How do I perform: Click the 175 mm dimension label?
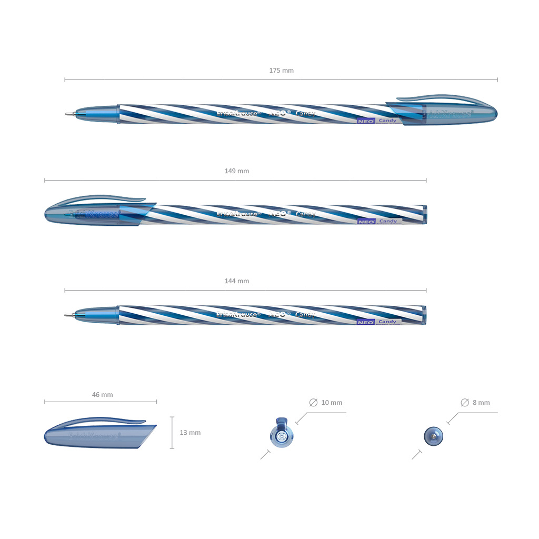281,71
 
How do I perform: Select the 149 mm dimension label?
236,171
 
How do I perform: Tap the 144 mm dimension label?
236,281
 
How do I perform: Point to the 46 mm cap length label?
102,395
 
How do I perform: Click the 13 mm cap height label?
190,433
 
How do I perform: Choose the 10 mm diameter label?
332,403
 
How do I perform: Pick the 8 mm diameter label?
481,403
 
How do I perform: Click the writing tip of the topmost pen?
67,113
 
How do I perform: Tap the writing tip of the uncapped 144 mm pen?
67,315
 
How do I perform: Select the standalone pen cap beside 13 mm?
98,434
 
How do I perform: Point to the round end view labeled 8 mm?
433,435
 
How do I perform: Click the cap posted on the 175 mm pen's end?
447,112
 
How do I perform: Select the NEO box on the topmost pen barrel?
366,121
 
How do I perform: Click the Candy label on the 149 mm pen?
388,221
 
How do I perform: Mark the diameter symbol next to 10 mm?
314,403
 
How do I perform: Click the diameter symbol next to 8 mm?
465,403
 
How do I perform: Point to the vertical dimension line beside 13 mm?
172,433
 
